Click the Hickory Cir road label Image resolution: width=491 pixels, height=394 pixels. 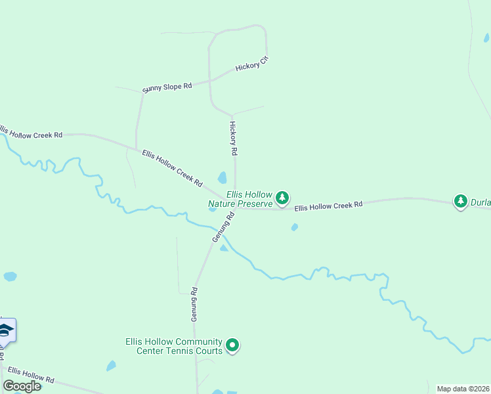[253, 64]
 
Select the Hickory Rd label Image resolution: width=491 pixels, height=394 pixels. [233, 137]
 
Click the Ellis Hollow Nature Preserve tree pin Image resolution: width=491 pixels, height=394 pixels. [282, 198]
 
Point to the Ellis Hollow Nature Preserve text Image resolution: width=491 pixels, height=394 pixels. [240, 199]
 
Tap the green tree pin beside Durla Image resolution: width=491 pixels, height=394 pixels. [461, 201]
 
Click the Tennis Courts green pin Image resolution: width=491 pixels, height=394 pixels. [232, 345]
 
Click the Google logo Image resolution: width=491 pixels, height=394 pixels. [22, 385]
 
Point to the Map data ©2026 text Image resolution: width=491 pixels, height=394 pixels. [463, 389]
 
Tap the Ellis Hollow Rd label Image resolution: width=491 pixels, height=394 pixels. [31, 375]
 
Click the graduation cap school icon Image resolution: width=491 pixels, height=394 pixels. [6, 330]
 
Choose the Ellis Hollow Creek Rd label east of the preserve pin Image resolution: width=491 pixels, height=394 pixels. [328, 206]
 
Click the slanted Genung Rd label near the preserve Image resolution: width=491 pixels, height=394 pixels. [223, 227]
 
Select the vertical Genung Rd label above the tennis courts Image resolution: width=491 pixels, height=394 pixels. [194, 305]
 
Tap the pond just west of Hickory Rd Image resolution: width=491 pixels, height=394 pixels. [223, 178]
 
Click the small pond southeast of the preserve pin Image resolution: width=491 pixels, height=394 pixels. [295, 227]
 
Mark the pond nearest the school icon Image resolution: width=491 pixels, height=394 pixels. [10, 276]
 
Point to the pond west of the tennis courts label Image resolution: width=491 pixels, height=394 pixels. [111, 366]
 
